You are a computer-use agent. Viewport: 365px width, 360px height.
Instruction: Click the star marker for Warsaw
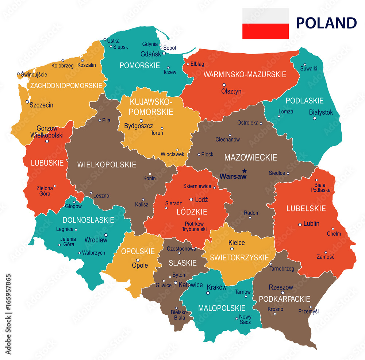[x=244, y=170]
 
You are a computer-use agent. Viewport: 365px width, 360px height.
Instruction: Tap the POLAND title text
[x=326, y=23]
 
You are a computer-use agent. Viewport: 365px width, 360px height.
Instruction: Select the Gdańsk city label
[x=150, y=54]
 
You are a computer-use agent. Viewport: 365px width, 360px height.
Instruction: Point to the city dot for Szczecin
[x=27, y=102]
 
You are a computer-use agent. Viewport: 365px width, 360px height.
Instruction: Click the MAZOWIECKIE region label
[x=250, y=158]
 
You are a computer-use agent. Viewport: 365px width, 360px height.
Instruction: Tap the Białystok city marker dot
[x=315, y=118]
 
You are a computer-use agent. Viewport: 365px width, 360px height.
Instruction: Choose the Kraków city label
[x=216, y=287]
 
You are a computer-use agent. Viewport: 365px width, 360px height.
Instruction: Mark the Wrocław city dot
[x=105, y=235]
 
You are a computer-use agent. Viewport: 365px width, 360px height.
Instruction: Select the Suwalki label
[x=308, y=68]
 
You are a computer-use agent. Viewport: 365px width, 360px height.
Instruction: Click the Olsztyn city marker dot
[x=224, y=85]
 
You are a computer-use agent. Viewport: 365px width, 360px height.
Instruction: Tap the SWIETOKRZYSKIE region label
[x=239, y=258]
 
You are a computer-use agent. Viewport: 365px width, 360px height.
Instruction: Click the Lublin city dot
[x=300, y=224]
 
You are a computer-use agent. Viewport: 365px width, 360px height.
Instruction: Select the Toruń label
[x=157, y=133]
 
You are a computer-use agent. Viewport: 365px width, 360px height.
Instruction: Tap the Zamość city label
[x=325, y=256]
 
